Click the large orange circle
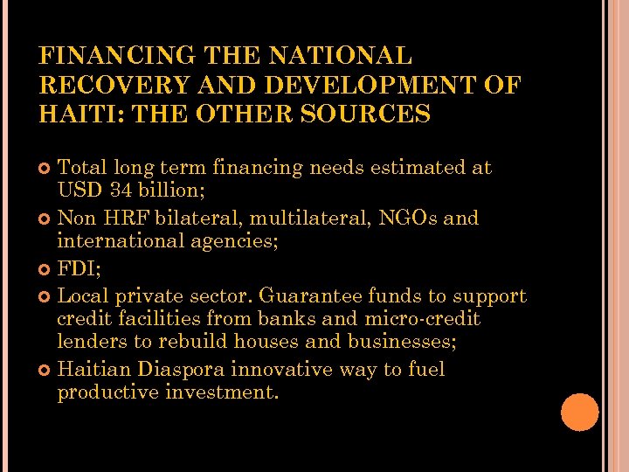pos(580,413)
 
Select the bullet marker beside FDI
pos(46,269)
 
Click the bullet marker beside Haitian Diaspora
pos(46,370)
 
